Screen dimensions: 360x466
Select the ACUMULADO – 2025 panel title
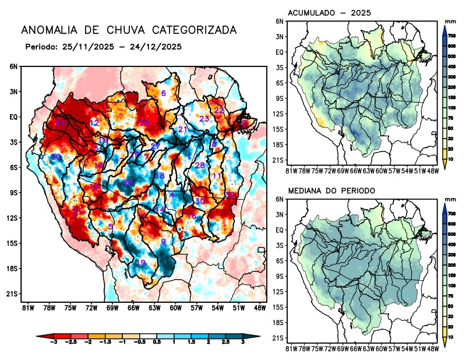click(x=330, y=12)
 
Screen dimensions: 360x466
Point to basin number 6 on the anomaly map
click(x=164, y=93)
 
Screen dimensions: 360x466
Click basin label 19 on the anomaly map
click(x=140, y=263)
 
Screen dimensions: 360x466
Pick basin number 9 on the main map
click(x=164, y=241)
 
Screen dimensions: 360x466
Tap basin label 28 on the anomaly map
click(x=199, y=165)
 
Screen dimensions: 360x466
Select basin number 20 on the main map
click(x=56, y=157)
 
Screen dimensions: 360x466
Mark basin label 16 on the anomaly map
click(x=191, y=216)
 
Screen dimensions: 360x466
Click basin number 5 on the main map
click(x=111, y=227)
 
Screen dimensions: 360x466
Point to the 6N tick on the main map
click(x=13, y=66)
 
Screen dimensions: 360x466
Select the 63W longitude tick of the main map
click(x=154, y=307)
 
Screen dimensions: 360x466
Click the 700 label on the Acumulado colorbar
click(x=451, y=36)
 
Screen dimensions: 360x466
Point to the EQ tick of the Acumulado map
click(x=280, y=52)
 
